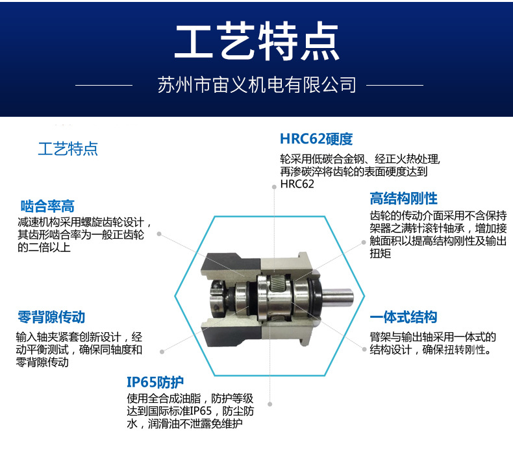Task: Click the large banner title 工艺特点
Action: [257, 42]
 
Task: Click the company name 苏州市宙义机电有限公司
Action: [257, 85]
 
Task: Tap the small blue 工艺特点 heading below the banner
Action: [68, 149]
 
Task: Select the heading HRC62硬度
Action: [316, 139]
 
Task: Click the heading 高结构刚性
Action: [403, 199]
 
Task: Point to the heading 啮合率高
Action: [47, 206]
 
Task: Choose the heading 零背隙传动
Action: [51, 317]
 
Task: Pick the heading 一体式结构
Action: [403, 317]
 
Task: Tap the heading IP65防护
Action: [155, 382]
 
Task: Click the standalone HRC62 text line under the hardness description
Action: [297, 184]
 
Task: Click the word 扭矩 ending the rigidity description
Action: [380, 254]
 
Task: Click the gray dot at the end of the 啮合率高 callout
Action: [159, 234]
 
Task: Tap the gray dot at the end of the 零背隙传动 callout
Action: [162, 352]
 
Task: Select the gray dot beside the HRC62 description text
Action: [274, 187]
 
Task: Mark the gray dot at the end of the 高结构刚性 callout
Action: [364, 242]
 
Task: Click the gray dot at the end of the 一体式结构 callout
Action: [364, 349]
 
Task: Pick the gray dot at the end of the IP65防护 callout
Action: [270, 404]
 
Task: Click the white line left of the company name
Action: [104, 86]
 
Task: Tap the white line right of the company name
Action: [395, 86]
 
